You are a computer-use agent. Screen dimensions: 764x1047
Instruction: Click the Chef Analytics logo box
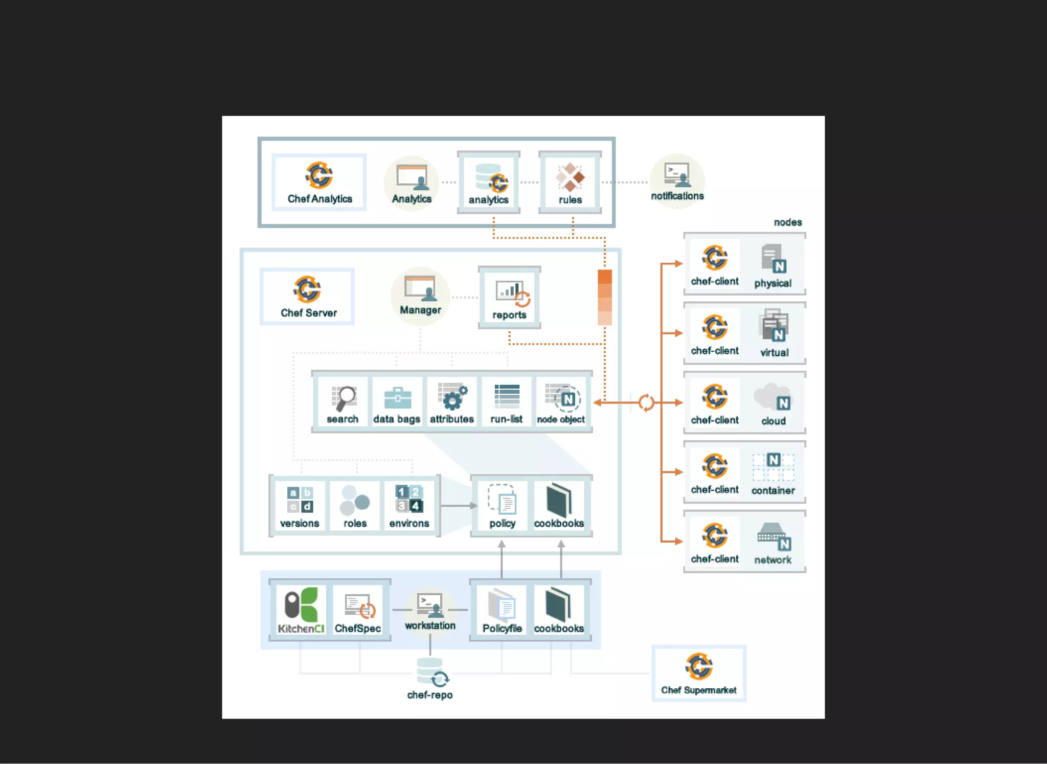coord(319,182)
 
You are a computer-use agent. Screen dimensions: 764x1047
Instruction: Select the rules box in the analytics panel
coord(570,182)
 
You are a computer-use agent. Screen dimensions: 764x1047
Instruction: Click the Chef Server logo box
coord(307,297)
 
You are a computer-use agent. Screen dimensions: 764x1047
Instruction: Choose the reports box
coord(509,297)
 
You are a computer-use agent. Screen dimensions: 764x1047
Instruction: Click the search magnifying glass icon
coord(344,398)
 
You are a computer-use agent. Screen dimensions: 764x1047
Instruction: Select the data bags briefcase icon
coord(397,398)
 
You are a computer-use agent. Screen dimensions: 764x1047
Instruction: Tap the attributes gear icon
coord(452,397)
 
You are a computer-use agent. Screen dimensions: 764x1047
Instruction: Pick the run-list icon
coord(507,396)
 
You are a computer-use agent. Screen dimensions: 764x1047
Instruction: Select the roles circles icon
coord(355,501)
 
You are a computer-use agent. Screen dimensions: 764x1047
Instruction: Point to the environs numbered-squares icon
coord(409,499)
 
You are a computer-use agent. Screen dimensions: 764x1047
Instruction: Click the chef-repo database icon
coord(430,672)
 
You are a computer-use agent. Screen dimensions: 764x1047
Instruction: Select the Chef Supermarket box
coord(698,673)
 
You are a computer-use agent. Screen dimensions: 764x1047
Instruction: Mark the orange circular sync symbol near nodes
coord(646,402)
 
